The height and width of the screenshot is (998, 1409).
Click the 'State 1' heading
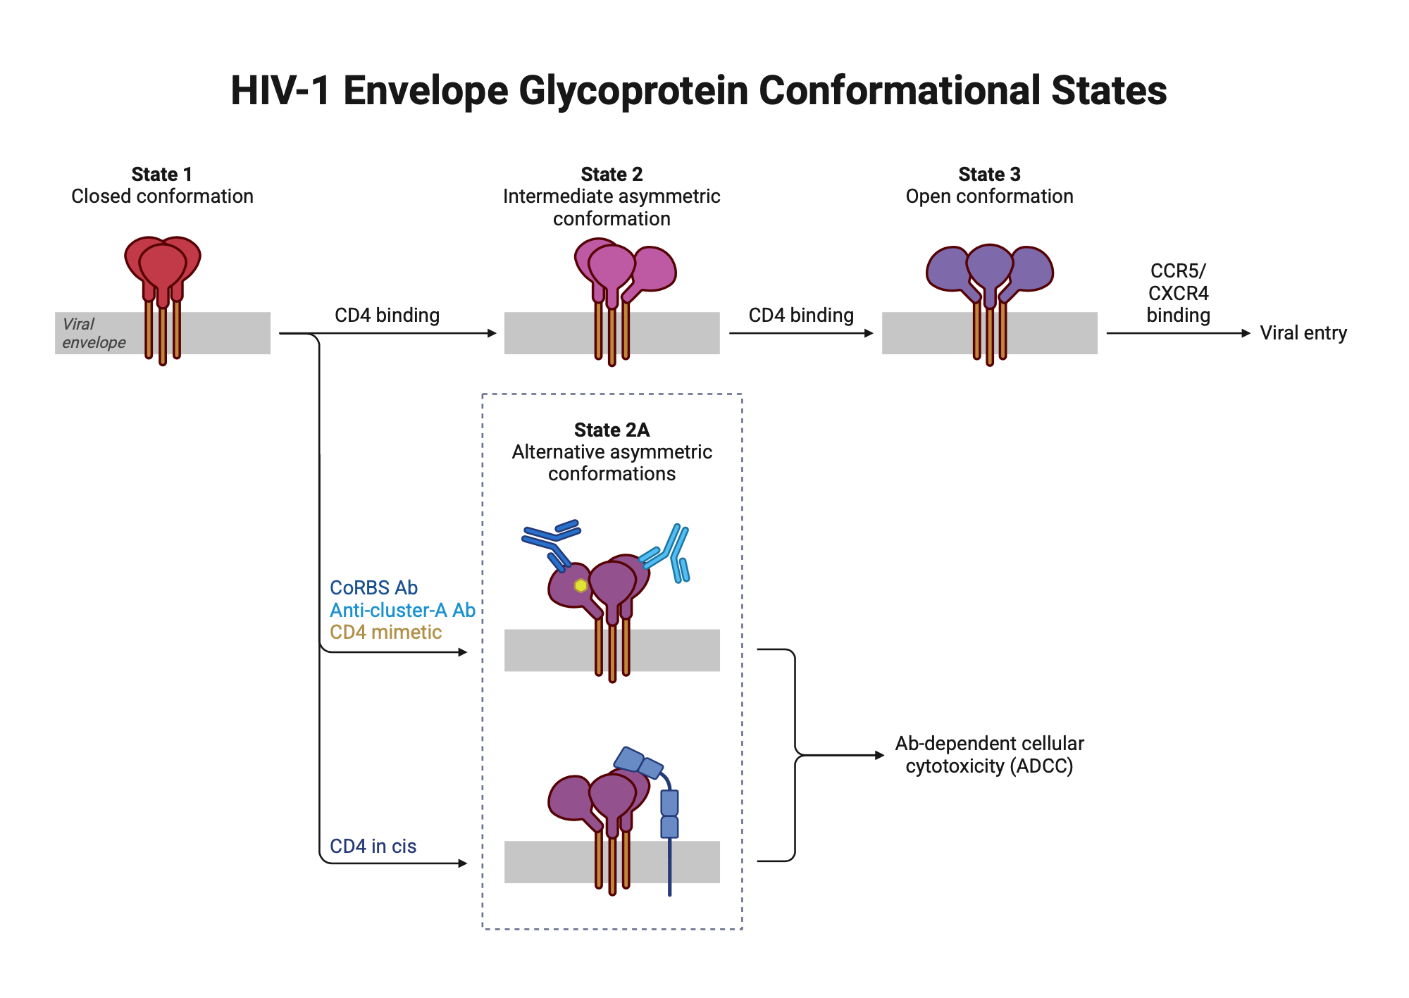click(x=161, y=174)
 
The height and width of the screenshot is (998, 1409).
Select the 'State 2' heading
click(x=612, y=174)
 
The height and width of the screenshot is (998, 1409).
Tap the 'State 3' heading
click(x=989, y=174)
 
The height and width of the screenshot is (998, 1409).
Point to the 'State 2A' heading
click(x=612, y=430)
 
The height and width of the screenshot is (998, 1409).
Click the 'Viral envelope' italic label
click(x=93, y=333)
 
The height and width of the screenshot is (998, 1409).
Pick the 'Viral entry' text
click(x=1303, y=332)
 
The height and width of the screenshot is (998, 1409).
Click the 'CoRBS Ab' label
click(x=373, y=587)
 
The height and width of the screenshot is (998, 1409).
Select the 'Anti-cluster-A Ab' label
click(x=402, y=610)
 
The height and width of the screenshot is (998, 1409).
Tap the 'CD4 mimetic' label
click(x=385, y=632)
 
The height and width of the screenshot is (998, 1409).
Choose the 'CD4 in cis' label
click(x=373, y=846)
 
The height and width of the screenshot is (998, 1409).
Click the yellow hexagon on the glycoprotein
click(x=581, y=585)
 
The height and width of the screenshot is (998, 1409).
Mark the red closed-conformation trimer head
click(x=163, y=264)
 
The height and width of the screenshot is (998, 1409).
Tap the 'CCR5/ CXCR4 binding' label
click(x=1178, y=293)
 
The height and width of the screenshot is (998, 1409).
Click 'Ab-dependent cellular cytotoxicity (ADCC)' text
click(x=989, y=754)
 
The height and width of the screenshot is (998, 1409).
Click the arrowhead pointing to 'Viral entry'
click(x=1246, y=333)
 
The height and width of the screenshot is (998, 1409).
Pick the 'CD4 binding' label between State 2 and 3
click(x=801, y=315)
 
